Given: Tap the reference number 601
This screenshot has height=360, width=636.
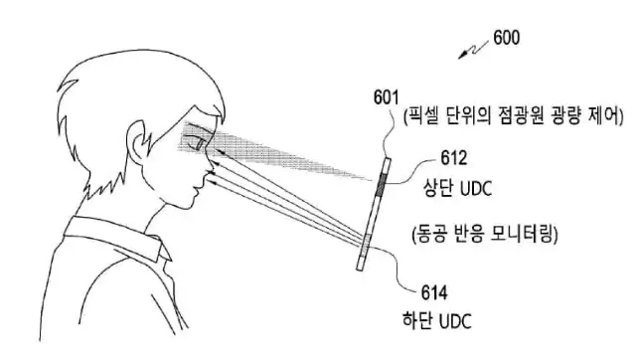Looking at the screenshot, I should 388,97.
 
